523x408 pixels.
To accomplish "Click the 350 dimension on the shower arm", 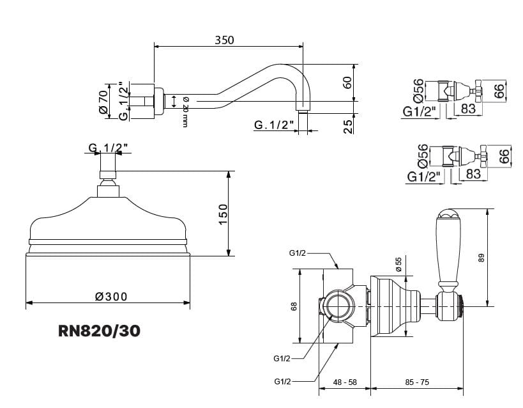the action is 224,40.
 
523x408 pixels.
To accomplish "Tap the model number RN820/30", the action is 99,331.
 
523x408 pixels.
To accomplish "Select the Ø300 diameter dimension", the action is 111,296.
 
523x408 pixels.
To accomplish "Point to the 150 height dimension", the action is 223,214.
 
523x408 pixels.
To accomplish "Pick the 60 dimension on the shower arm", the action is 347,82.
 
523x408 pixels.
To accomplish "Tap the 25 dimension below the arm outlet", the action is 347,127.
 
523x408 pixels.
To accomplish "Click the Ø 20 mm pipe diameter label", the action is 185,112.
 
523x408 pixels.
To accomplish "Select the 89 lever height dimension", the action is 481,258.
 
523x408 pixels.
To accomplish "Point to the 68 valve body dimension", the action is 294,306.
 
